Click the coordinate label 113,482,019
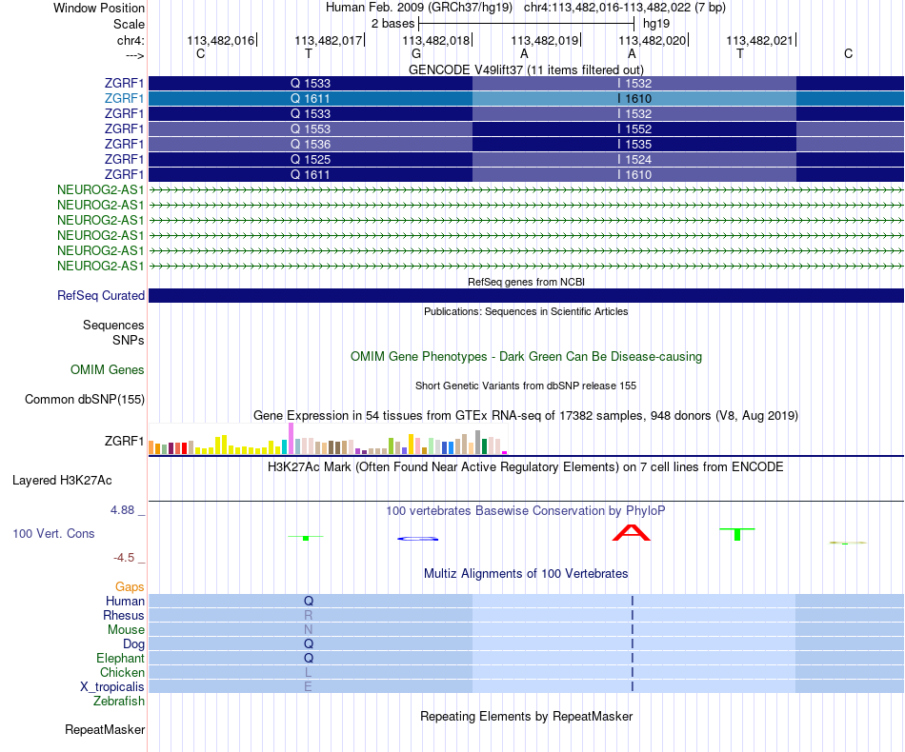click(x=545, y=40)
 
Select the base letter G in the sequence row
click(x=416, y=54)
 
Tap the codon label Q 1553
click(x=311, y=129)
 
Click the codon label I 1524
click(x=634, y=159)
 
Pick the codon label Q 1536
click(x=311, y=144)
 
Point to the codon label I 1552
click(x=634, y=129)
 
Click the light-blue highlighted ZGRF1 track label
click(x=124, y=98)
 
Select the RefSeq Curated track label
click(x=101, y=296)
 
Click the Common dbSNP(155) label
click(x=84, y=400)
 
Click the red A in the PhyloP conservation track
click(x=632, y=533)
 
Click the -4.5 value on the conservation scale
click(x=129, y=558)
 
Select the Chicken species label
click(x=122, y=673)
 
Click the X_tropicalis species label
click(x=112, y=687)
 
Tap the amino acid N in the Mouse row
click(x=309, y=630)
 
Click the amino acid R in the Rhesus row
click(x=309, y=616)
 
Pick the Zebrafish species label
click(x=119, y=702)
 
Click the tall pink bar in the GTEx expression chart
click(x=291, y=439)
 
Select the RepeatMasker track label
click(x=105, y=730)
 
